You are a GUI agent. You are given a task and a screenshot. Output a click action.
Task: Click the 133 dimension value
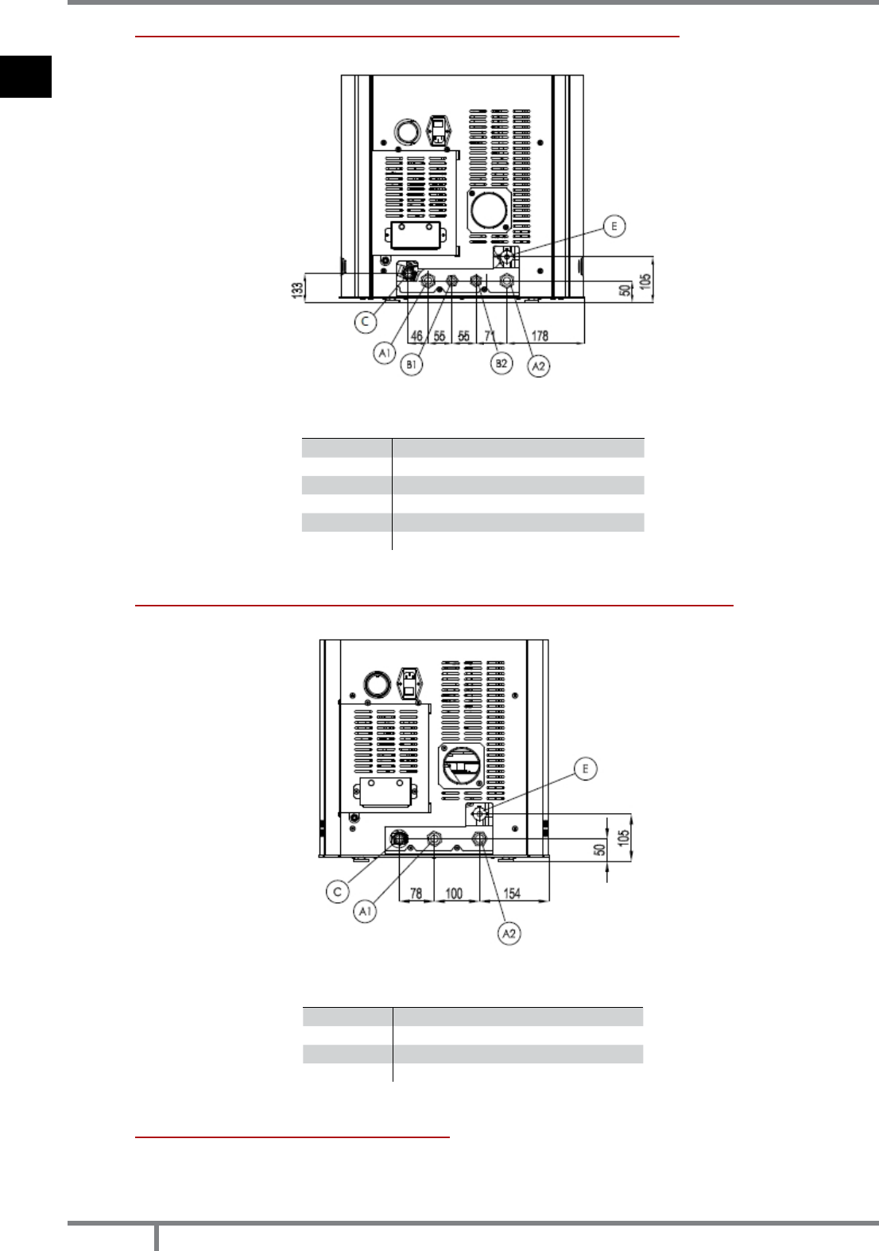click(298, 289)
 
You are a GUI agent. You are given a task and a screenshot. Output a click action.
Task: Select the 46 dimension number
click(416, 335)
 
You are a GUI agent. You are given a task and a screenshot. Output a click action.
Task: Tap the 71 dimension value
click(490, 335)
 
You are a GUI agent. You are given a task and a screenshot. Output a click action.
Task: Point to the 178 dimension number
click(540, 335)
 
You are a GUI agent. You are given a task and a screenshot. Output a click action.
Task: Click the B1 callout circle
click(412, 365)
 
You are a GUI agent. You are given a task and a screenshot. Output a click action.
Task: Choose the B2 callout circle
click(501, 363)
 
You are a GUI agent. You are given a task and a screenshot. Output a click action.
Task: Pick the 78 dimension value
click(416, 893)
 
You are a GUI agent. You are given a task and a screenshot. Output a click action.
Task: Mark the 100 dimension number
click(454, 893)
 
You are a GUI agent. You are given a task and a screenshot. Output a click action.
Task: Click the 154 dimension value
click(512, 893)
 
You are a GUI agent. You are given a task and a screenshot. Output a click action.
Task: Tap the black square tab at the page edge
click(25, 76)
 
